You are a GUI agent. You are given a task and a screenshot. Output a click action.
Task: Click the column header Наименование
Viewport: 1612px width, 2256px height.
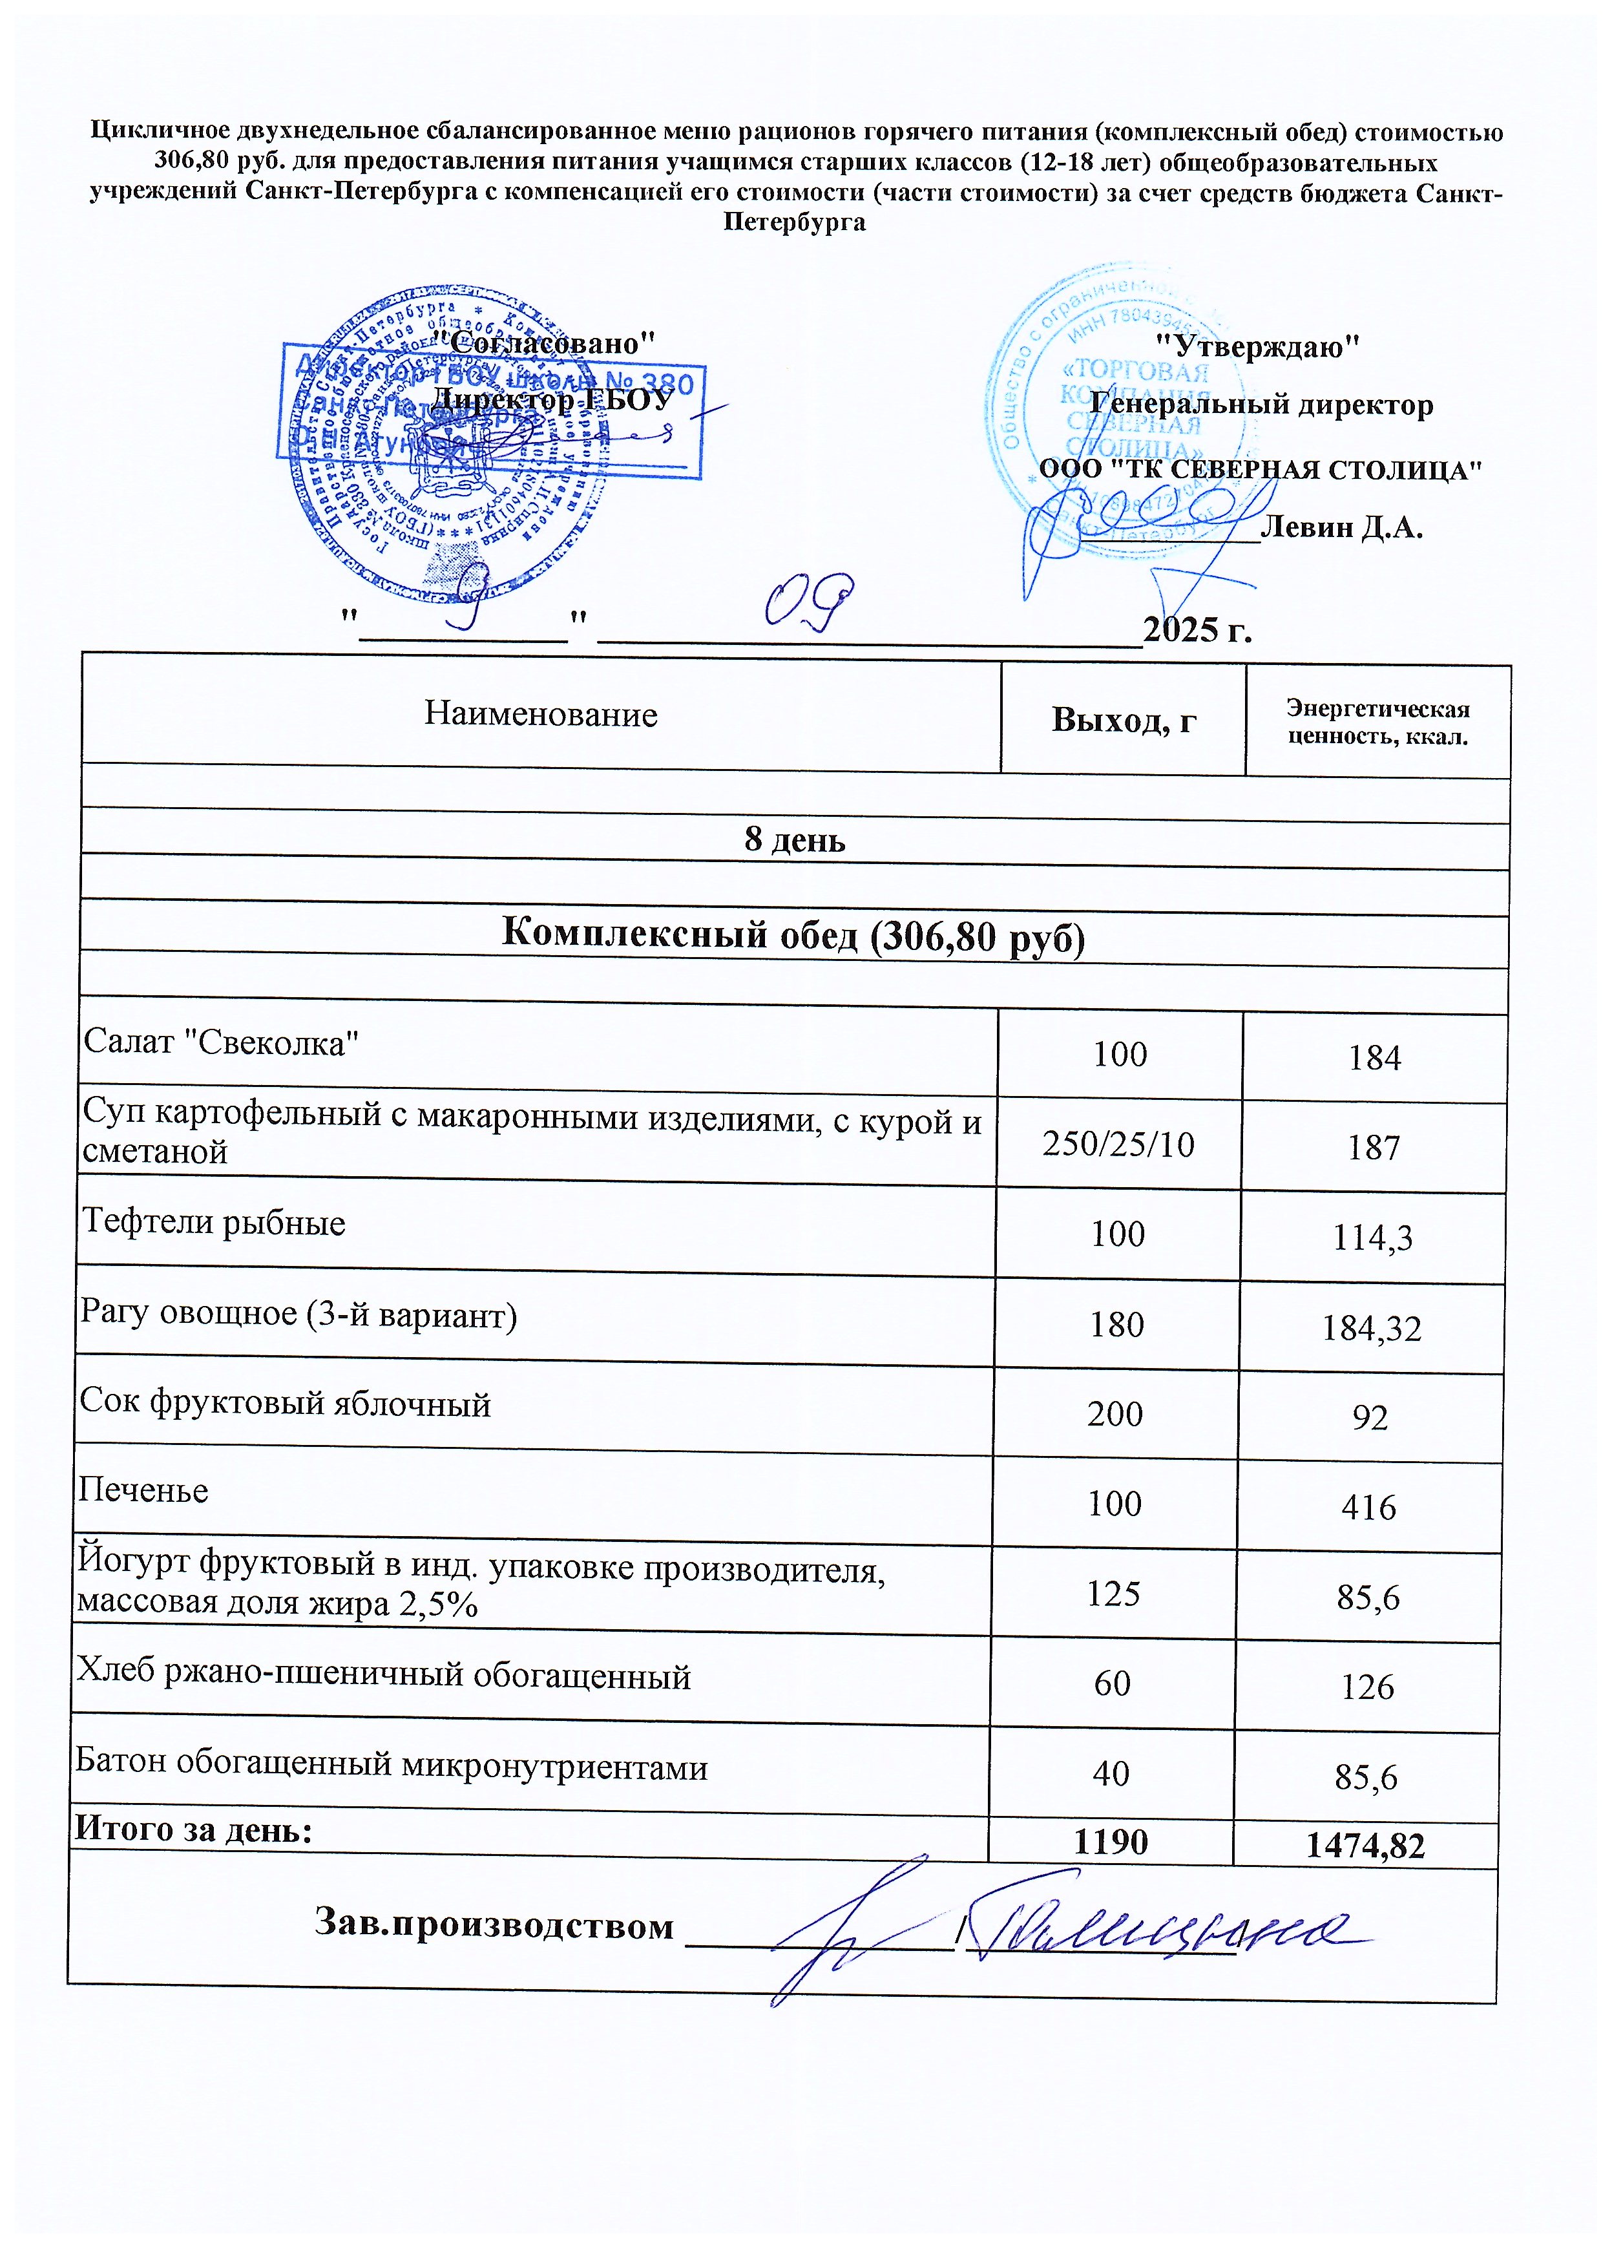(540, 714)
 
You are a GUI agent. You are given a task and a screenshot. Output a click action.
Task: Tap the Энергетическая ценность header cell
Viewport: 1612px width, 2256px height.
(1377, 722)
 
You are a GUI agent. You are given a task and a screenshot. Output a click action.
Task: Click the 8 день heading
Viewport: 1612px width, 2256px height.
(794, 840)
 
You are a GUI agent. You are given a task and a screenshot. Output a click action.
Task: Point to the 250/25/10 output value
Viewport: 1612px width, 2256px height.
(1118, 1144)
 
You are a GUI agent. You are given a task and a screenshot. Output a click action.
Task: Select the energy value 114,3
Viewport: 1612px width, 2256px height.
(1373, 1238)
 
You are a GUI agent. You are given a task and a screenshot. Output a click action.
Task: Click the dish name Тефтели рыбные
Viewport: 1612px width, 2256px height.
(213, 1221)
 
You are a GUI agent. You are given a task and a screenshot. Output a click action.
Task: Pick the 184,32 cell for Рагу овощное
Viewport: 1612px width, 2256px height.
(1371, 1327)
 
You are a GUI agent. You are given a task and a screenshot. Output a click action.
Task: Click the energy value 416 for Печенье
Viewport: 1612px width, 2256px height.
(1369, 1507)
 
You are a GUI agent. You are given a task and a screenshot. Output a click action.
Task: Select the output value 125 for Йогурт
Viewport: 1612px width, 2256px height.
(1114, 1594)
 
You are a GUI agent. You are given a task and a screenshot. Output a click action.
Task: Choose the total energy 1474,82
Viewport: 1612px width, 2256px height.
(1365, 1846)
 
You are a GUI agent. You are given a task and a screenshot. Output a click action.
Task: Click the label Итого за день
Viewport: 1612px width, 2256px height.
(194, 1828)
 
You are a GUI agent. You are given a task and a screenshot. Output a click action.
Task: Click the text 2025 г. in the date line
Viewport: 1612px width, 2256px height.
(1197, 629)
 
